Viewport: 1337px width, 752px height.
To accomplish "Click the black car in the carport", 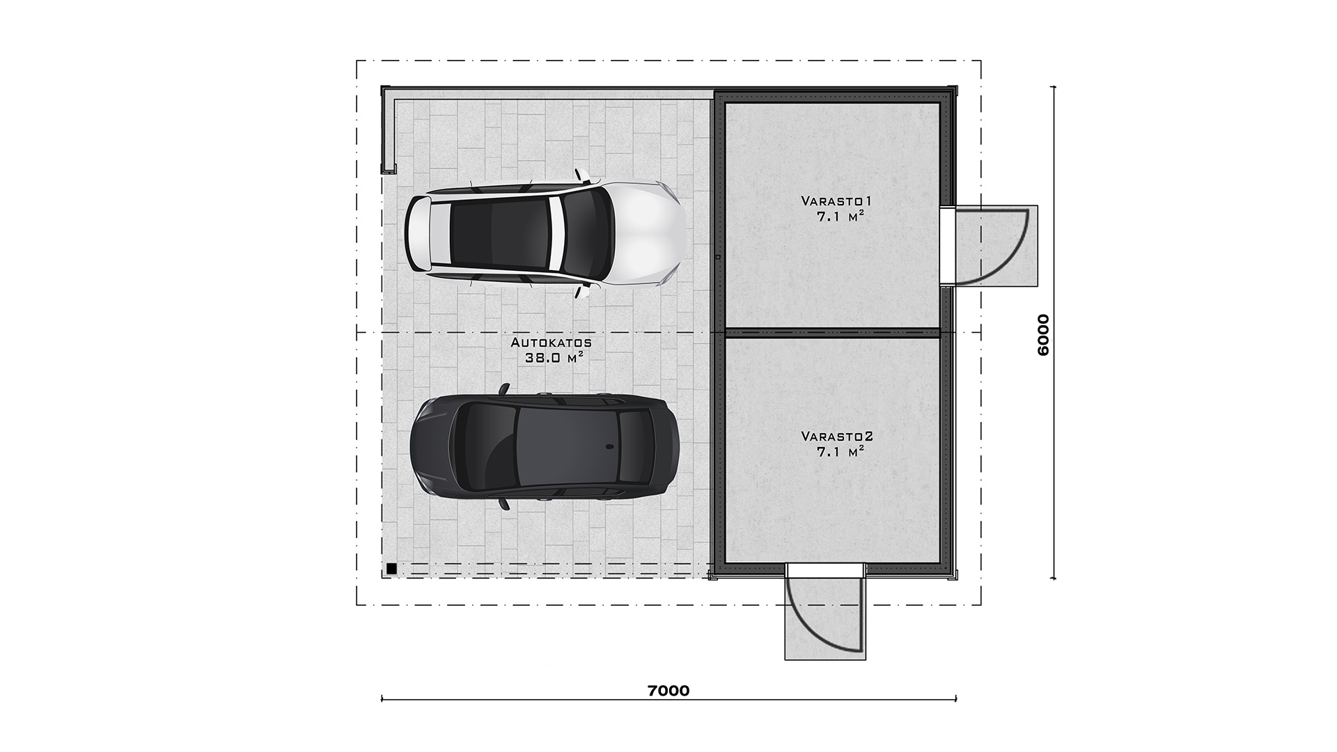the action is (x=545, y=446).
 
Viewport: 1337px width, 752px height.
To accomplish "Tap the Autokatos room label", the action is (x=552, y=343).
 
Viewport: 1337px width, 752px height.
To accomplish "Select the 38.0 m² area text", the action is (x=554, y=358).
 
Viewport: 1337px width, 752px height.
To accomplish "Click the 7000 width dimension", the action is (x=668, y=691).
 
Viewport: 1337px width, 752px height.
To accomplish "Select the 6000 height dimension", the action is (x=1042, y=335).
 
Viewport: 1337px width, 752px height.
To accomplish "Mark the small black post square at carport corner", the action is (x=392, y=568).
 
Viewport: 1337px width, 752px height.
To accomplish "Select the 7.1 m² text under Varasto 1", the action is (x=840, y=217).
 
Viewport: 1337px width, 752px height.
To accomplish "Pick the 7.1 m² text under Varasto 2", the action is (x=840, y=452).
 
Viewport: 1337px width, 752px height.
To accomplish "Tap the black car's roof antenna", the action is (x=610, y=446).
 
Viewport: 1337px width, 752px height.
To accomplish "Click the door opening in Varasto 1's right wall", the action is (x=947, y=246).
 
